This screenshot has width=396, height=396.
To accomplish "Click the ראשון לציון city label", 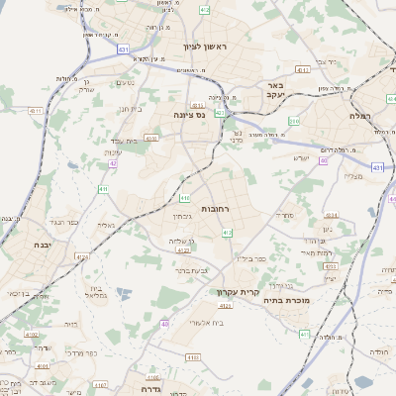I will click(205, 47).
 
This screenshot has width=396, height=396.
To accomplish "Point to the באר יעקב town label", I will click(275, 91).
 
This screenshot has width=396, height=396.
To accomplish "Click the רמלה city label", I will click(359, 116).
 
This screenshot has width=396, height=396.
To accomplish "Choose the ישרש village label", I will click(301, 157).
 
